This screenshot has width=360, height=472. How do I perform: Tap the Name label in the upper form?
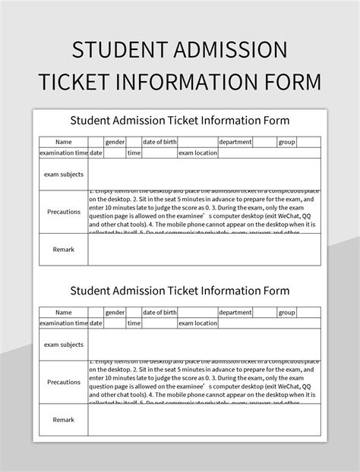click(64, 142)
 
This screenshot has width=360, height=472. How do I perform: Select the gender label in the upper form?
click(115, 142)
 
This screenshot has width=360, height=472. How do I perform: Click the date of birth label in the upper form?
click(159, 142)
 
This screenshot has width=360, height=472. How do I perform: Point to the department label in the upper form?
click(235, 142)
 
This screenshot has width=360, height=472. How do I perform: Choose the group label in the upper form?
click(286, 142)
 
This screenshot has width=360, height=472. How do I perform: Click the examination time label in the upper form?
click(64, 153)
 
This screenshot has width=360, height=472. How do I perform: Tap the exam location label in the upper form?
click(197, 153)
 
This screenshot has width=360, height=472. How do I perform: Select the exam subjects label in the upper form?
click(64, 174)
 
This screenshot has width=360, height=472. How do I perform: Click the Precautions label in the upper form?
click(64, 212)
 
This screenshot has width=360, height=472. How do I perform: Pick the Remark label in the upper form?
click(64, 249)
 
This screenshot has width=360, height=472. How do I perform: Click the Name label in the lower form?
click(64, 313)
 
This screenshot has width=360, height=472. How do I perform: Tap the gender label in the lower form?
click(115, 313)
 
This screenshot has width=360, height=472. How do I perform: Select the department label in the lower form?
click(235, 313)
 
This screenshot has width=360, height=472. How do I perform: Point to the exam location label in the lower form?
click(197, 323)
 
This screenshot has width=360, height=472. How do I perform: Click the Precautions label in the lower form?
click(64, 382)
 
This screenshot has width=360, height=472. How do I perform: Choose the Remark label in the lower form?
click(64, 420)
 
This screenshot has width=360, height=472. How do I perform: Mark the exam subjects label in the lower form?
click(64, 345)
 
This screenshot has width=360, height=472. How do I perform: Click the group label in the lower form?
click(286, 313)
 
